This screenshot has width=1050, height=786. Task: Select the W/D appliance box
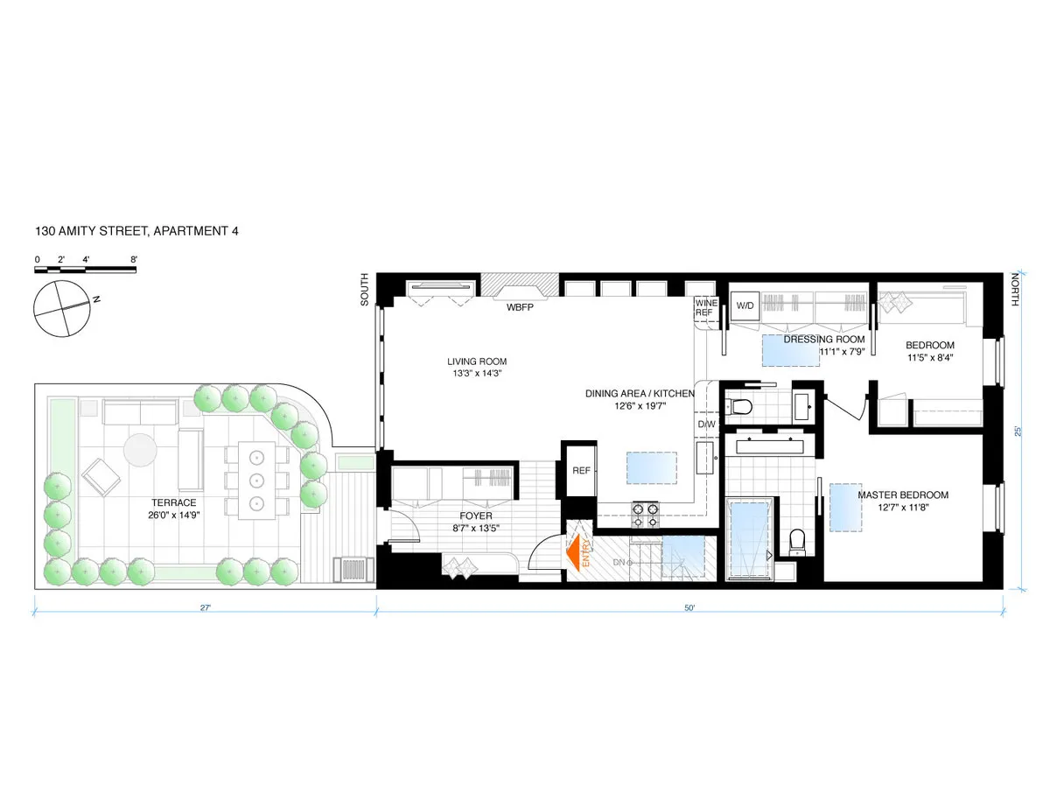pos(745,305)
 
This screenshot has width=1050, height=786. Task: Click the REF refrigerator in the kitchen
pos(580,470)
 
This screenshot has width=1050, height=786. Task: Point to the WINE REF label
pos(705,307)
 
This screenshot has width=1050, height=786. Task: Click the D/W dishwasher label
pos(705,425)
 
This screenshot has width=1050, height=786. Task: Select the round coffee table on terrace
pos(143,451)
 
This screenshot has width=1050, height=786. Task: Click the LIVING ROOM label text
pos(477,361)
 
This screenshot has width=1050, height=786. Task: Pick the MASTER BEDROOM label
pos(903,495)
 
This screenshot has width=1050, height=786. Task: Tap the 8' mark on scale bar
pos(133,260)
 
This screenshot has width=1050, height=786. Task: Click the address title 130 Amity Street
pos(137,232)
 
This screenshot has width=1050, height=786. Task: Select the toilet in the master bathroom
pos(797,543)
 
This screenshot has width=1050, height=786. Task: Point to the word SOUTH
pos(366,290)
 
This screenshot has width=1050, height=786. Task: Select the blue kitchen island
pos(650,467)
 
